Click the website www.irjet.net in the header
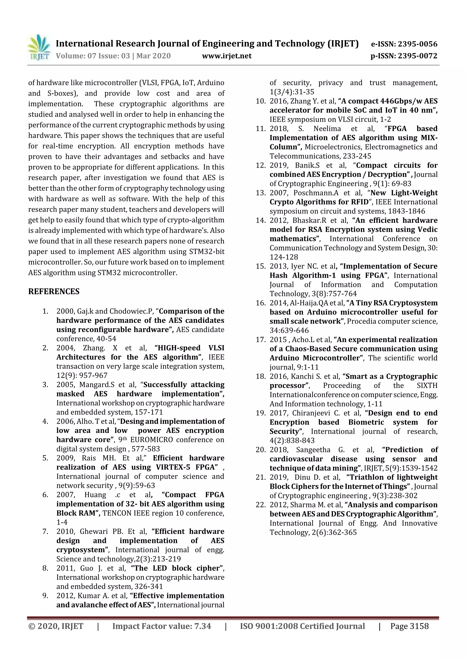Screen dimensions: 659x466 [227, 56]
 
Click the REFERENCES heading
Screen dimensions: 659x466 [54, 292]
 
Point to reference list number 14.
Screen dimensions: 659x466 [261, 220]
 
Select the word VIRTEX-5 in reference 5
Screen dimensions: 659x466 [173, 467]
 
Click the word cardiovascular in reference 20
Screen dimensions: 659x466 [296, 459]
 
